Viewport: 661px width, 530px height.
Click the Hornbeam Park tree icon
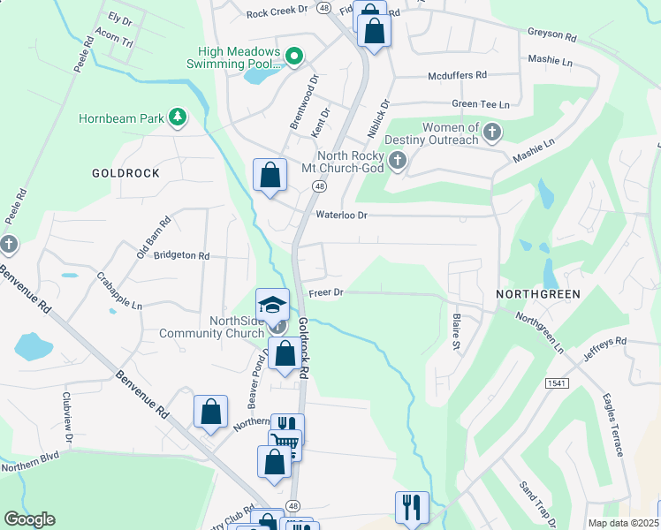click(178, 117)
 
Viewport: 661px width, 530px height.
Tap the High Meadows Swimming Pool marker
click(295, 58)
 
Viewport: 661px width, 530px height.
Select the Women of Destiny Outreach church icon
click(493, 134)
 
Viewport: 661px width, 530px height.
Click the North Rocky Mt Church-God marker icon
click(398, 161)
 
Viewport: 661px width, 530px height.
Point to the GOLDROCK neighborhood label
click(125, 173)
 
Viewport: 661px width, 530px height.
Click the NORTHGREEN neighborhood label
click(537, 293)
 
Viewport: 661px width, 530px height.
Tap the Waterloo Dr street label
click(340, 215)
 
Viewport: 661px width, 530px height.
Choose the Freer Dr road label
click(325, 292)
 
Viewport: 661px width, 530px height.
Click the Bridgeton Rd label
click(181, 255)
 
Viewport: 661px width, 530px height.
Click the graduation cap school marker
click(272, 304)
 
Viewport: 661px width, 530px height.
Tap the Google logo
click(29, 519)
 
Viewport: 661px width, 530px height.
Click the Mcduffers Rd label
click(457, 76)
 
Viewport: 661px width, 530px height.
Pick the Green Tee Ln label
click(480, 104)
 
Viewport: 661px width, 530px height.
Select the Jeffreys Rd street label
click(604, 347)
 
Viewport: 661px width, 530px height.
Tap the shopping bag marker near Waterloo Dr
click(270, 175)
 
